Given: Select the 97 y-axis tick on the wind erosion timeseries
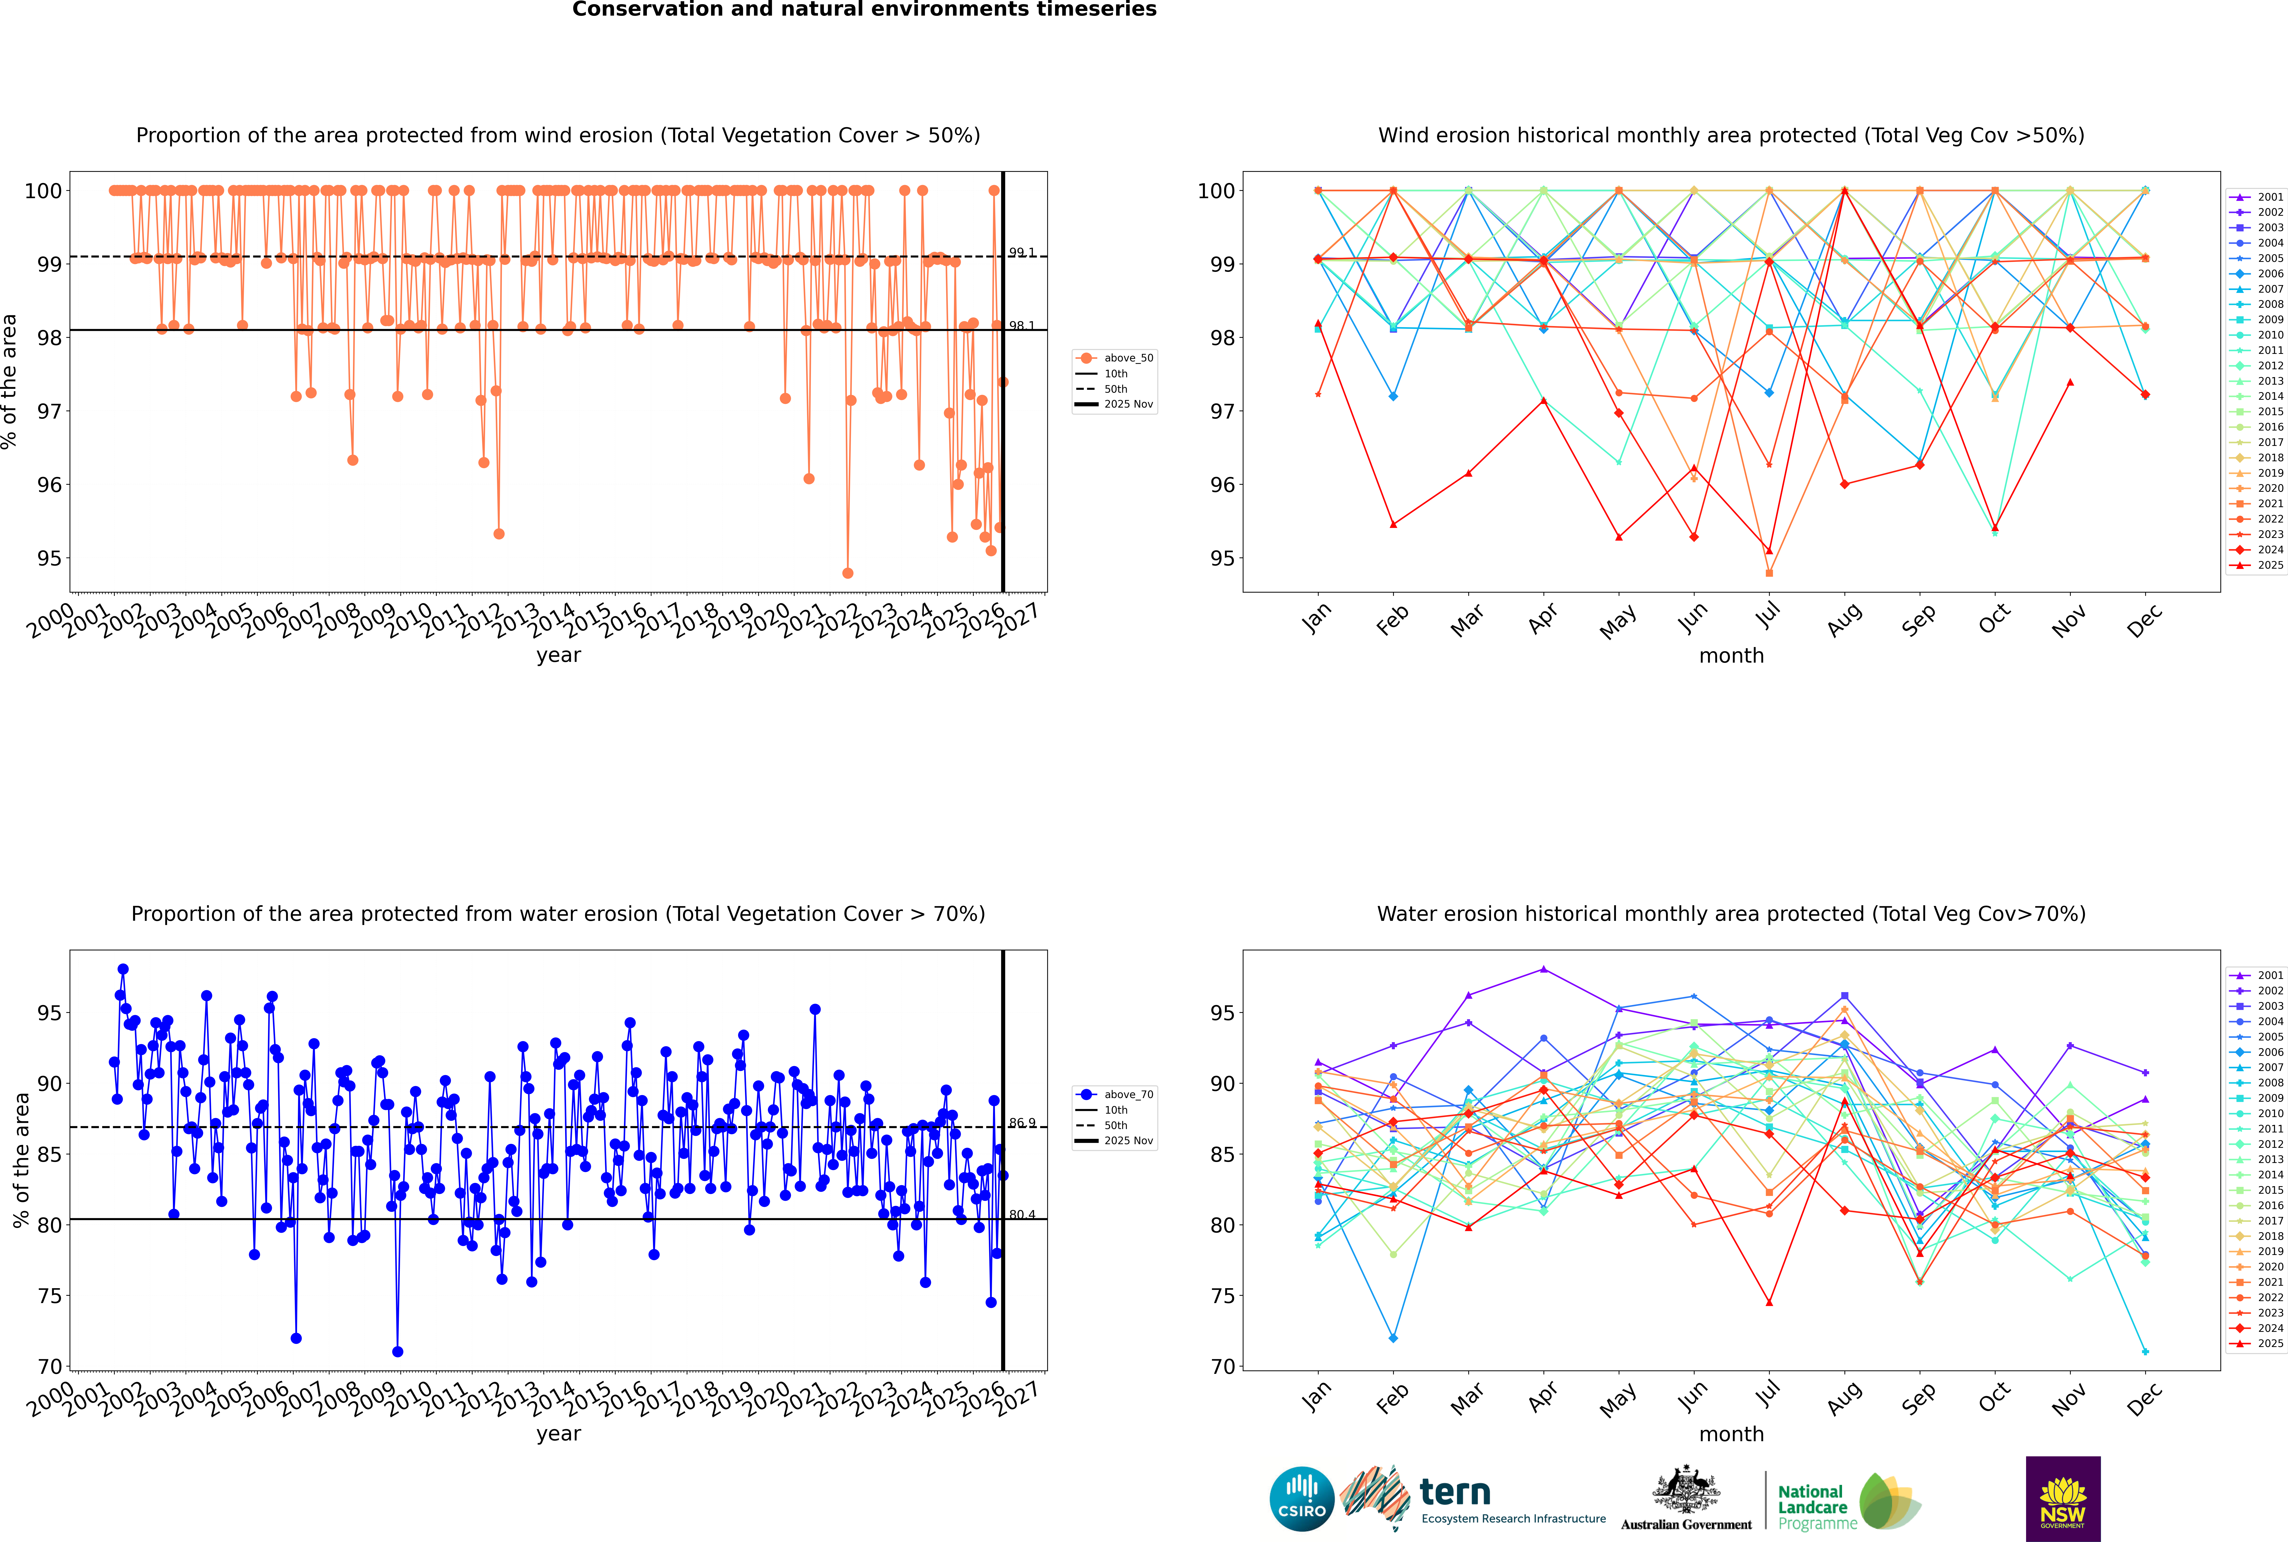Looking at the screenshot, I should (49, 411).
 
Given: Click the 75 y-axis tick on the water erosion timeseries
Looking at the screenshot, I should (49, 1296).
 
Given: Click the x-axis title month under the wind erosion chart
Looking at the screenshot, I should (1731, 656).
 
